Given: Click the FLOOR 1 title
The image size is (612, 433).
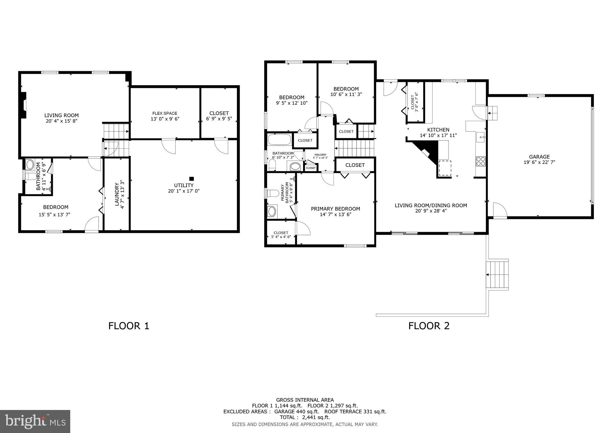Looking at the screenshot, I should [x=128, y=326].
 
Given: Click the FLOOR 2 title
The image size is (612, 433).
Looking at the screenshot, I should [x=429, y=326].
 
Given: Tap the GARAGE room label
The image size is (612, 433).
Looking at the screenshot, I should [x=539, y=157].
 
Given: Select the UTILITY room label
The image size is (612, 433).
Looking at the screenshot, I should [x=183, y=185].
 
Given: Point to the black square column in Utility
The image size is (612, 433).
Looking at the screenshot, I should [x=192, y=179].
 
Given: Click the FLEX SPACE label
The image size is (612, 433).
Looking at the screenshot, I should [x=165, y=113].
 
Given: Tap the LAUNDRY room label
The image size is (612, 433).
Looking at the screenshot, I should [x=117, y=194].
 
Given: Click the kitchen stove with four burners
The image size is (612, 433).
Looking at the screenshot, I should [x=481, y=161].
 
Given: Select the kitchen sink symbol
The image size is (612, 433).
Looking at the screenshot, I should [x=481, y=137].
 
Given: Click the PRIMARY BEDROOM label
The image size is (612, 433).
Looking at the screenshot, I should [x=335, y=209].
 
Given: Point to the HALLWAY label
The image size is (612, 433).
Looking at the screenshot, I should [x=320, y=155].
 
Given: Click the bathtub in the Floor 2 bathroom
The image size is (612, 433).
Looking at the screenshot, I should [x=279, y=140].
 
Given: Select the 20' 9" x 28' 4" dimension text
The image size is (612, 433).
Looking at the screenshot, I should [x=431, y=211].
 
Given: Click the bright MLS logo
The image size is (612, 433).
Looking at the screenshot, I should [x=35, y=422].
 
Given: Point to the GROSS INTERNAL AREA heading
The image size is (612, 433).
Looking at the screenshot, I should [x=305, y=400].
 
